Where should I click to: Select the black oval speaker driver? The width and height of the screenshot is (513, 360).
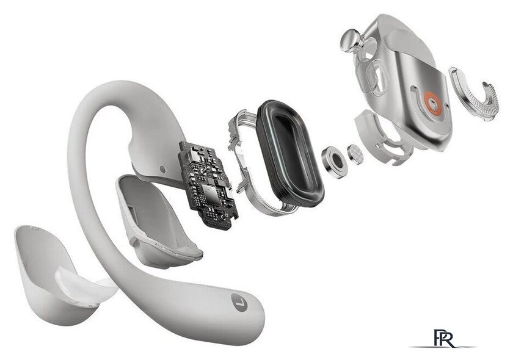pos(289,154)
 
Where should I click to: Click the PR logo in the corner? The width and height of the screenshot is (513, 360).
pos(444,339)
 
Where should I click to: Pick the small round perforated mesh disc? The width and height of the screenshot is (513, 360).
pos(355,154)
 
